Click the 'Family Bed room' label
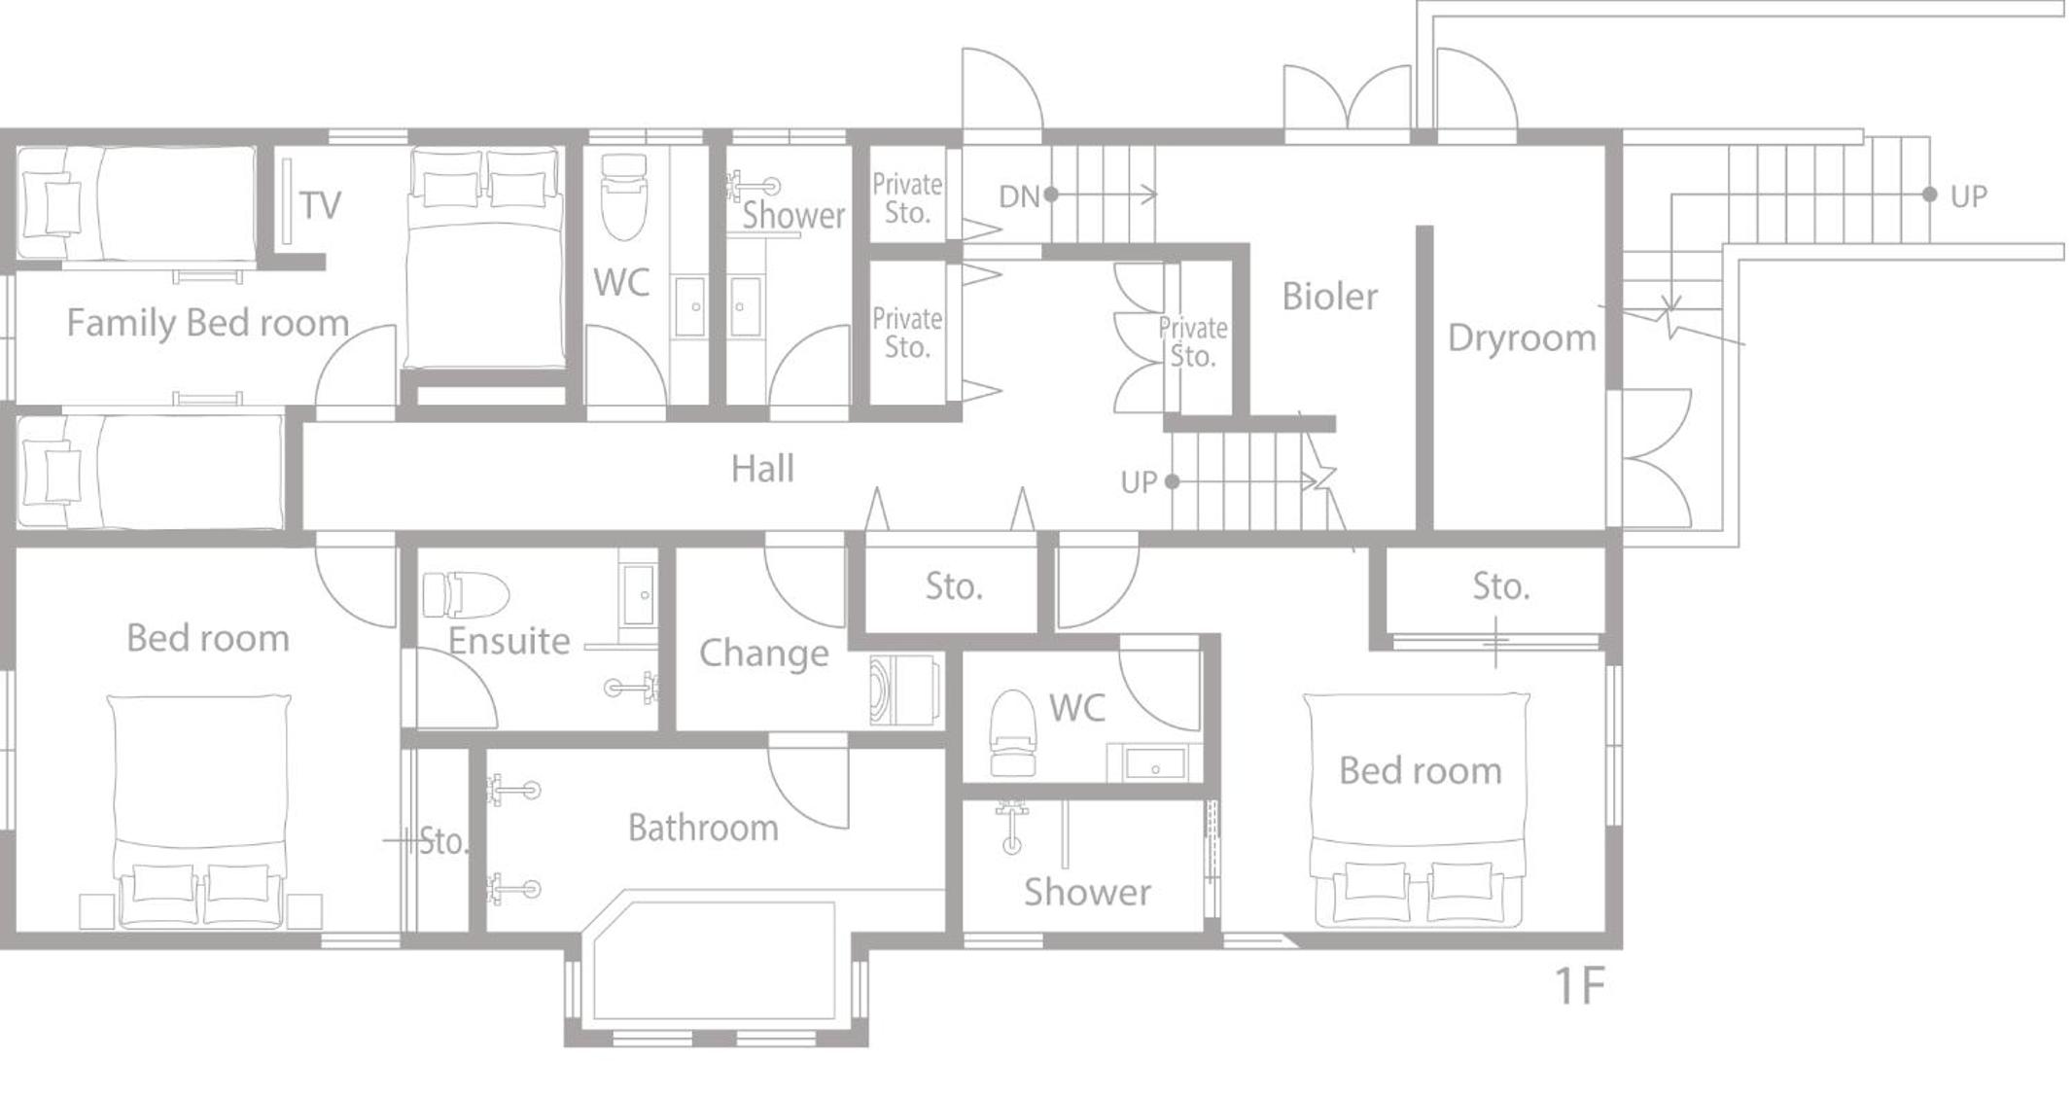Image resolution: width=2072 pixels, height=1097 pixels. (x=207, y=324)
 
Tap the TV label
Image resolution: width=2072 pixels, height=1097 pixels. (x=320, y=205)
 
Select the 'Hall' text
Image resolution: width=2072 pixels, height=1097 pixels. (x=762, y=469)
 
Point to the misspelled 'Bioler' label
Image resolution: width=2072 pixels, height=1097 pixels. (x=1329, y=297)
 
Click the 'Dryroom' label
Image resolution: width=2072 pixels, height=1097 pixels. (x=1522, y=338)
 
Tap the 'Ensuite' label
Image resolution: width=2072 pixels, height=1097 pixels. (x=509, y=642)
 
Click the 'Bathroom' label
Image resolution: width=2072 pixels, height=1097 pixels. (x=703, y=829)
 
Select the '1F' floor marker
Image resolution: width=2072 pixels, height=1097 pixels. (x=1579, y=986)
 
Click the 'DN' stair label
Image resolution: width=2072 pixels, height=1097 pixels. (x=1019, y=197)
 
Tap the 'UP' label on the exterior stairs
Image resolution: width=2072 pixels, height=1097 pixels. (x=1968, y=196)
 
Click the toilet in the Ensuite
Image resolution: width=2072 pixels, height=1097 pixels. (x=466, y=595)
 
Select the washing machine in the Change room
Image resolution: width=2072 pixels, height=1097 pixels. (x=904, y=690)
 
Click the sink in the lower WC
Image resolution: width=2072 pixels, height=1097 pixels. (x=1155, y=763)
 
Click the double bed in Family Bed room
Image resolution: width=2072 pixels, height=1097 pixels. (x=485, y=258)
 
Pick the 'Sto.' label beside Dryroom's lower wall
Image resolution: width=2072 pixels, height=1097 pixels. (x=1500, y=586)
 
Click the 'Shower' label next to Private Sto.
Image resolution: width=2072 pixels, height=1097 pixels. (x=793, y=216)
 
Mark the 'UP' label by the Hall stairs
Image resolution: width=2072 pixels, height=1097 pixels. (x=1139, y=482)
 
